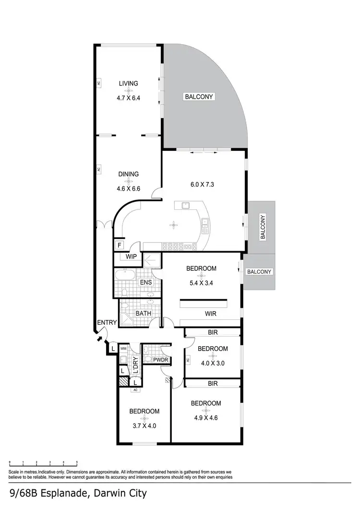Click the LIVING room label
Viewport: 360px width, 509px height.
(128, 84)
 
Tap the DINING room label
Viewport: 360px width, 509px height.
(128, 174)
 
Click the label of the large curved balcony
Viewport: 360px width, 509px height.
(199, 97)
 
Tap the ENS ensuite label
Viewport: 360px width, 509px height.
(146, 282)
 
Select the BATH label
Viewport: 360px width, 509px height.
(143, 314)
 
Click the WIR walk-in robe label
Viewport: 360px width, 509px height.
(211, 314)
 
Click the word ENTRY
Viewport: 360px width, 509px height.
(107, 322)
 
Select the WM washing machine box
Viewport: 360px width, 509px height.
(123, 349)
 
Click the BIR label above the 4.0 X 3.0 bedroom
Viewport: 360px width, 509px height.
(213, 332)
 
